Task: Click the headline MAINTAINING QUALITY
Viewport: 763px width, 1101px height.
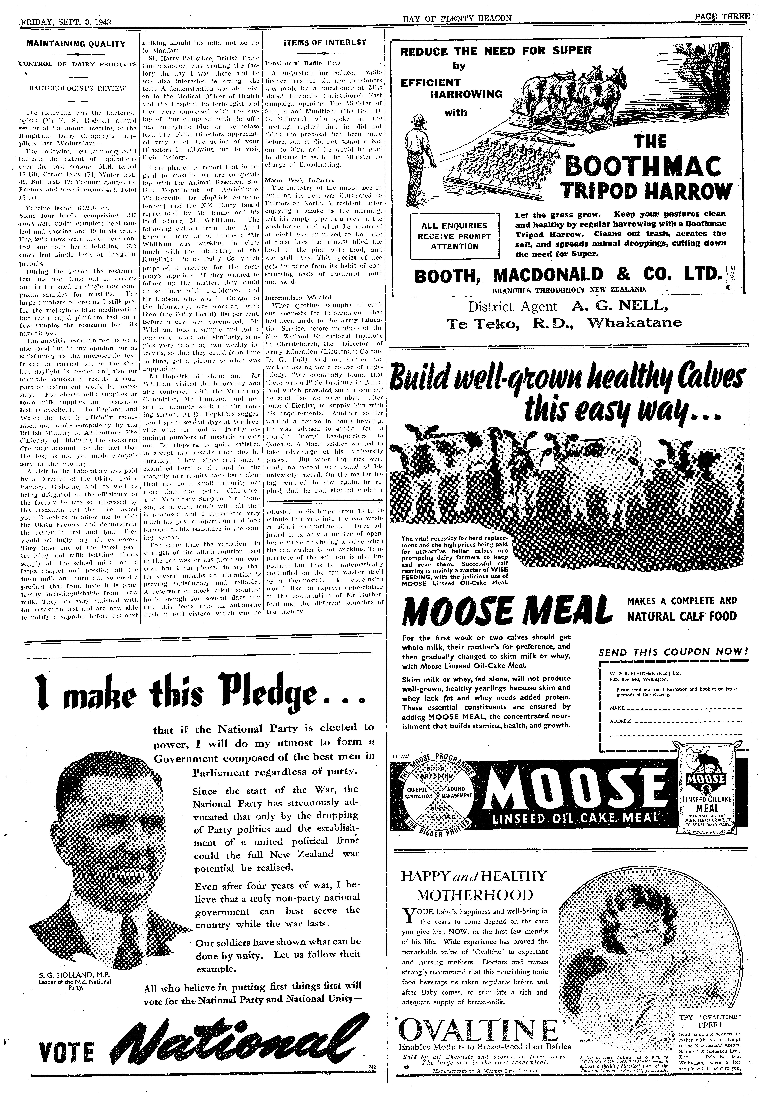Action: tap(75, 44)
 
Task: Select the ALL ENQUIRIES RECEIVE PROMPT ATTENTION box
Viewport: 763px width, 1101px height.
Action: tap(455, 236)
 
